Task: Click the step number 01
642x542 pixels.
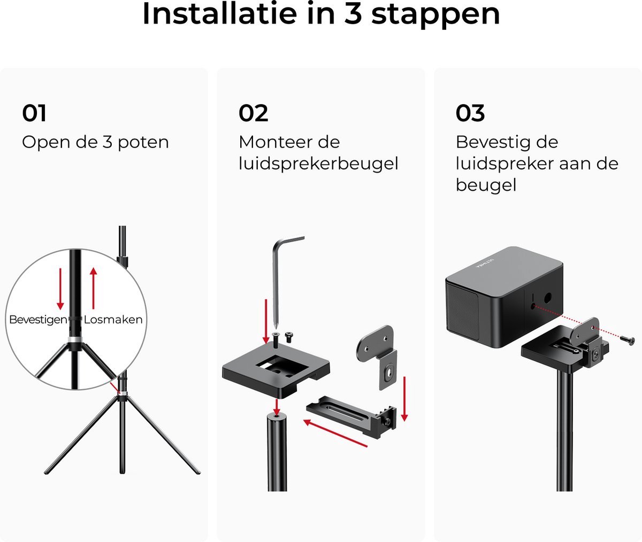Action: (34, 113)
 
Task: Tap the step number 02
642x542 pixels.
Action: (254, 113)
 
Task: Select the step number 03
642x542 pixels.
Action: (470, 113)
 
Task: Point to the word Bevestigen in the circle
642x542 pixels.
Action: (38, 320)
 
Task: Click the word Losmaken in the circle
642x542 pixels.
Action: (113, 320)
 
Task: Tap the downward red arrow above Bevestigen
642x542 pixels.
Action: (60, 289)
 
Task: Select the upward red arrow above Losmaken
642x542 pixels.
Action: (94, 288)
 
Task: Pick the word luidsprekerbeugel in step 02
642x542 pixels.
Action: (318, 164)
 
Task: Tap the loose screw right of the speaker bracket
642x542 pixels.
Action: (626, 340)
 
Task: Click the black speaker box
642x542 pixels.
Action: (505, 297)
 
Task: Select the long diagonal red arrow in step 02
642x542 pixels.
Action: (335, 433)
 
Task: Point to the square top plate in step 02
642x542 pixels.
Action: (276, 370)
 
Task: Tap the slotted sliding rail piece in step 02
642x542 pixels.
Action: (351, 416)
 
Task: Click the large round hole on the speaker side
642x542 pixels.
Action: (548, 297)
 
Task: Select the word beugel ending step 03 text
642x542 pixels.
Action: (486, 185)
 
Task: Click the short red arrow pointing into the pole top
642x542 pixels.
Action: (277, 407)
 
